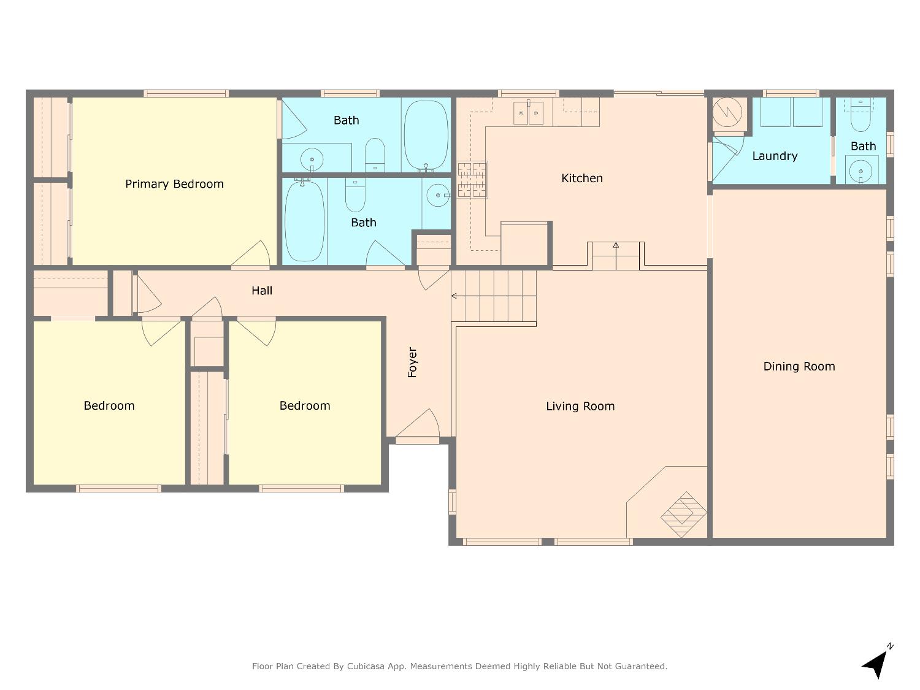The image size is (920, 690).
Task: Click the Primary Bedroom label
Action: pyautogui.click(x=174, y=184)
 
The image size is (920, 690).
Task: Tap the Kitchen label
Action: pyautogui.click(x=582, y=178)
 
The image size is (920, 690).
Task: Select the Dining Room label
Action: pyautogui.click(x=799, y=367)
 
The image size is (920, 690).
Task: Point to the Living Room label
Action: pyautogui.click(x=580, y=406)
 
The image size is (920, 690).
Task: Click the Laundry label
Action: pyautogui.click(x=775, y=156)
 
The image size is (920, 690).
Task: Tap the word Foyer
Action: pyautogui.click(x=412, y=362)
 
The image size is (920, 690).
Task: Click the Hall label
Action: pyautogui.click(x=262, y=290)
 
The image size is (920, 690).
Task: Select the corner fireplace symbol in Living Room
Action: pyautogui.click(x=684, y=515)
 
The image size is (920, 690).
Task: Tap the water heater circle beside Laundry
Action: pyautogui.click(x=727, y=112)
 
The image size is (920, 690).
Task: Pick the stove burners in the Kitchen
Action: pyautogui.click(x=472, y=180)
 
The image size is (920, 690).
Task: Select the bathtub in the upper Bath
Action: pyautogui.click(x=426, y=136)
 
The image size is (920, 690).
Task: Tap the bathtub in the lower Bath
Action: pyautogui.click(x=305, y=221)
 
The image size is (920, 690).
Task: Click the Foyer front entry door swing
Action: pyautogui.click(x=418, y=424)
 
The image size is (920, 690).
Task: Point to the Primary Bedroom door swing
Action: pyautogui.click(x=251, y=254)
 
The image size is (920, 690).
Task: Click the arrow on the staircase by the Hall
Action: pyautogui.click(x=494, y=296)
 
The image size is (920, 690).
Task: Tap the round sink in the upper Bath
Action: pyautogui.click(x=312, y=159)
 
